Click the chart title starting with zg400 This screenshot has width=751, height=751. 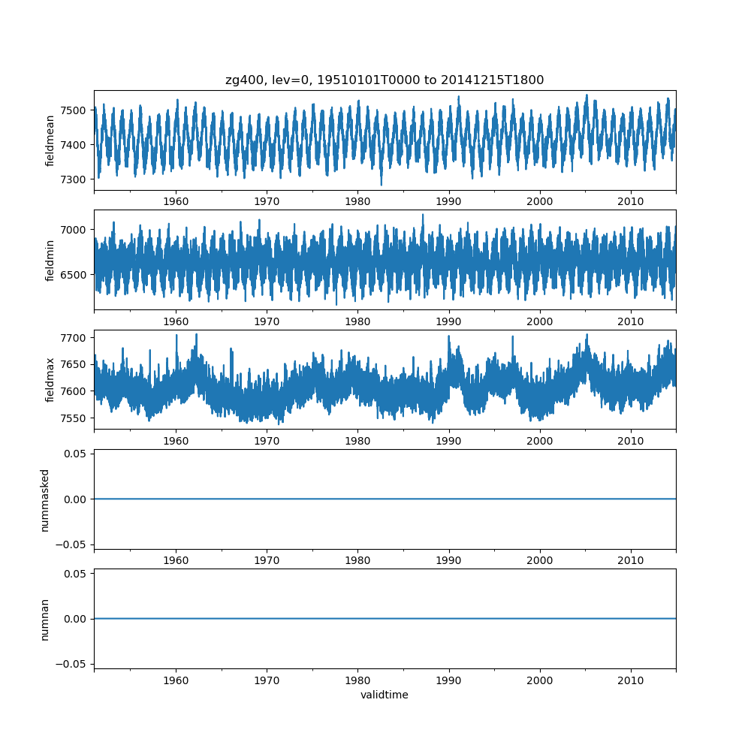click(x=385, y=80)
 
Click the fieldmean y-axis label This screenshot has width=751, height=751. click(x=50, y=140)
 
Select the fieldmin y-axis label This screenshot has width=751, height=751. click(x=50, y=260)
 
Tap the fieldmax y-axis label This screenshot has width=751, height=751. click(x=50, y=379)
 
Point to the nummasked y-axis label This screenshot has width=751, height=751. click(x=45, y=499)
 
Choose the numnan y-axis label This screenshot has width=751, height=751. click(x=45, y=619)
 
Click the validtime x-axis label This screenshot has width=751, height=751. click(x=385, y=695)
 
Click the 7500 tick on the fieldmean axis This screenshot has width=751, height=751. click(x=77, y=110)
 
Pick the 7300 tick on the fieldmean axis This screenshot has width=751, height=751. click(x=77, y=179)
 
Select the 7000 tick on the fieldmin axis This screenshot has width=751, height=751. click(x=77, y=229)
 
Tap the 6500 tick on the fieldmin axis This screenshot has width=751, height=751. click(x=77, y=274)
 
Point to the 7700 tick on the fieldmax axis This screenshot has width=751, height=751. click(x=77, y=338)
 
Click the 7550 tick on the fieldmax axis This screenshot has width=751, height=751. click(x=77, y=418)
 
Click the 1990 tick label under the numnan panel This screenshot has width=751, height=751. click(x=449, y=680)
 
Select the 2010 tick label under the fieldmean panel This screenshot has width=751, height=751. click(x=631, y=202)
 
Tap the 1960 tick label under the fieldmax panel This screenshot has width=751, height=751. click(x=176, y=442)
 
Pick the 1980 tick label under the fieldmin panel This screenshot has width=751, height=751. click(x=357, y=321)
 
